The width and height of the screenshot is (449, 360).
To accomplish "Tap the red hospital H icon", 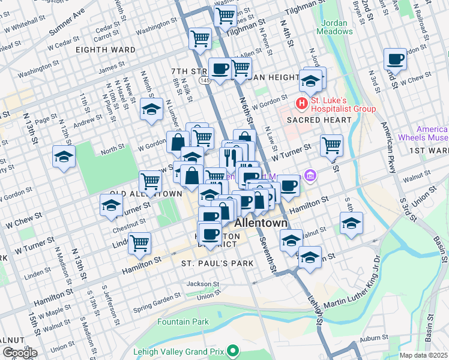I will pyautogui.click(x=301, y=104).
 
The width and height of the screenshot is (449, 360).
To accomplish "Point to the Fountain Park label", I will pyautogui.click(x=183, y=322).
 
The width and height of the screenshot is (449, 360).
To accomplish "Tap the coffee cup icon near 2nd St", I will pyautogui.click(x=394, y=59).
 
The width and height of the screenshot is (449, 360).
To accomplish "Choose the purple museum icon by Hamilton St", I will pyautogui.click(x=310, y=175).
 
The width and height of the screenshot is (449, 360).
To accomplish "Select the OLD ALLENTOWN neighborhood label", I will pyautogui.click(x=142, y=194).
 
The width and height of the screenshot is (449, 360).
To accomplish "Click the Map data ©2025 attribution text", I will pyautogui.click(x=423, y=355).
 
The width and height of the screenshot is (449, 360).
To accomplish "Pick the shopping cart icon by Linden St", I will pyautogui.click(x=139, y=242).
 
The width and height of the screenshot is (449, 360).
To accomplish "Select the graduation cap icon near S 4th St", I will pyautogui.click(x=351, y=223).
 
